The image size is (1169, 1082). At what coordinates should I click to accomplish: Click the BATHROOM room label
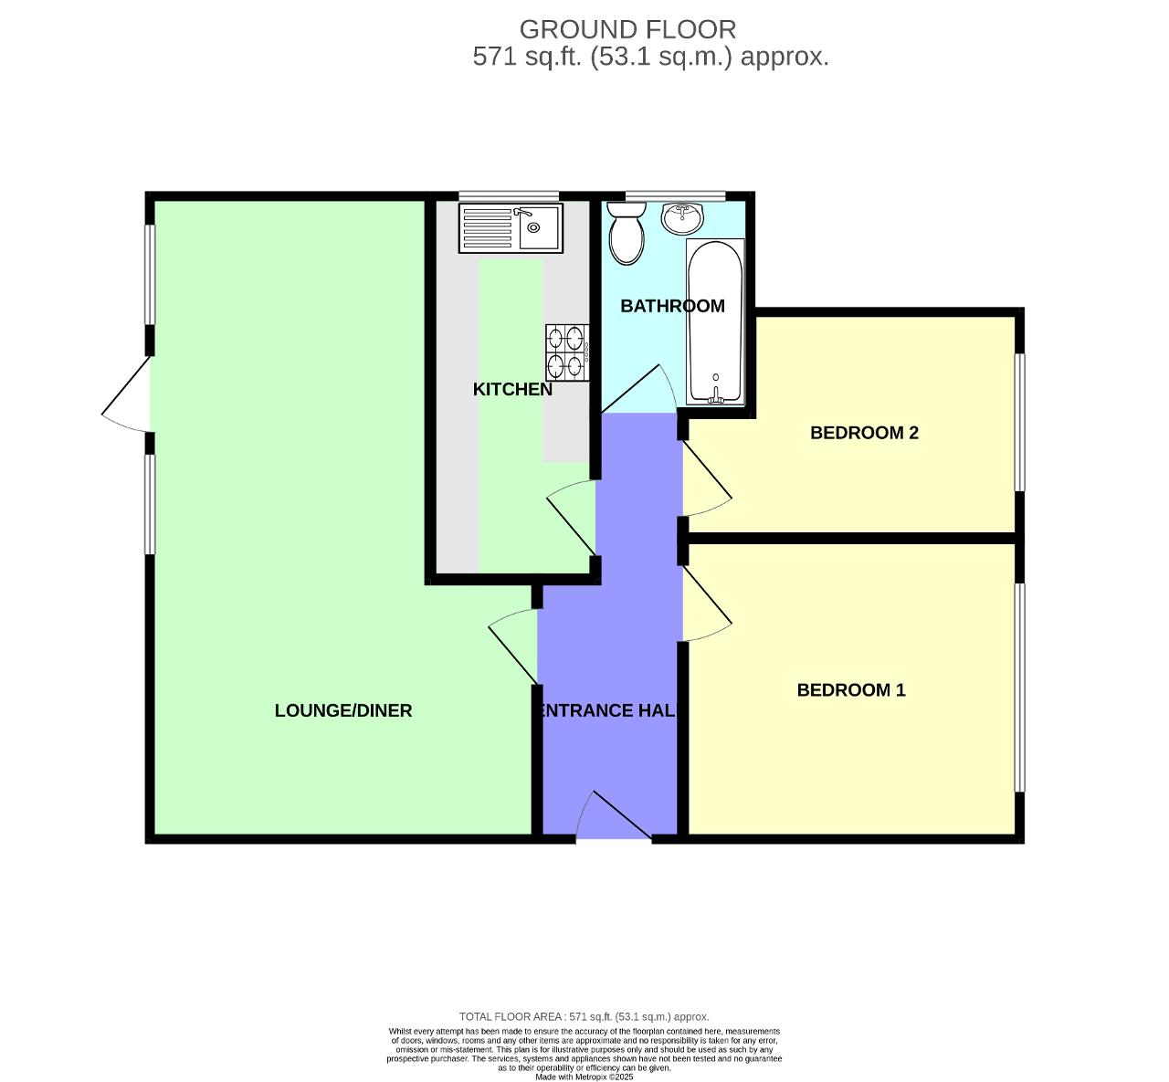pos(672,306)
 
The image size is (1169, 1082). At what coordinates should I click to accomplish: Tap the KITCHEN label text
pos(512,389)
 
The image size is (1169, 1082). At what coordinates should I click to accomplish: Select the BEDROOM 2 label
pos(864,433)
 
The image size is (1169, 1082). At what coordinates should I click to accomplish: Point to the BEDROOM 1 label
pos(851,690)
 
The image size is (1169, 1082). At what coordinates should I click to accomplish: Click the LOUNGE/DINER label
pos(343,710)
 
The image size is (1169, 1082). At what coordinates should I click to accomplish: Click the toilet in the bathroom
pos(627,233)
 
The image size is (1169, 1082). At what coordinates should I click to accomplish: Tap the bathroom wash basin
pos(682,218)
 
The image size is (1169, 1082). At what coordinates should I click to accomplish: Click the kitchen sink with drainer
pos(512,228)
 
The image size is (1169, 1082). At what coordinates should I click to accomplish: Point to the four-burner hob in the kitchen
pos(567,352)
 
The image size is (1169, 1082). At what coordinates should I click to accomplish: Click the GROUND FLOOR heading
pos(627,29)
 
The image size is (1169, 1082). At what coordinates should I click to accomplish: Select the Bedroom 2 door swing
pos(707,480)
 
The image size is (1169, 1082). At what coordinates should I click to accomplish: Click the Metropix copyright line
pos(584,1077)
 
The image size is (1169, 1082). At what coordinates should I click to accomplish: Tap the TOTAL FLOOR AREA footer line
pos(584,1016)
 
